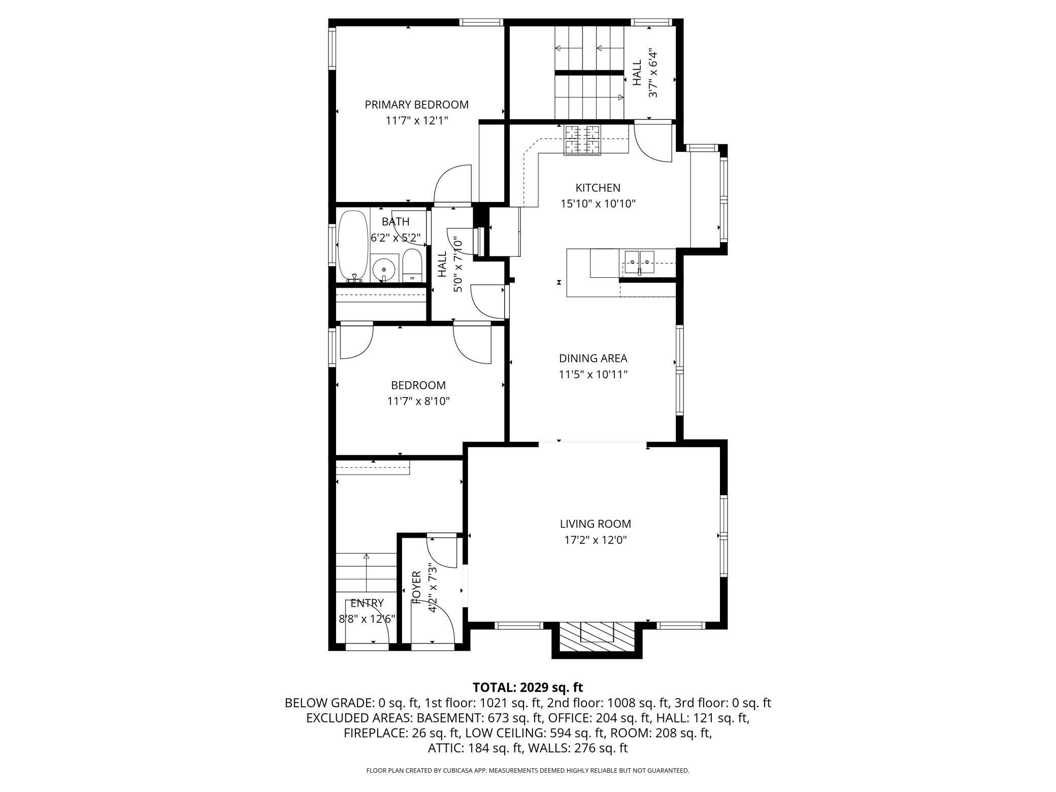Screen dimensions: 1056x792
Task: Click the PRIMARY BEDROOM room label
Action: tap(416, 105)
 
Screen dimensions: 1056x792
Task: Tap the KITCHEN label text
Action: tap(598, 188)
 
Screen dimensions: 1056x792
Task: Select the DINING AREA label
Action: tap(593, 358)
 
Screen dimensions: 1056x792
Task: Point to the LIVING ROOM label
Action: tap(596, 523)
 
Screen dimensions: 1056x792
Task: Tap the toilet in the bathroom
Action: tap(412, 266)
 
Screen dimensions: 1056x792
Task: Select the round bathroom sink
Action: tap(384, 270)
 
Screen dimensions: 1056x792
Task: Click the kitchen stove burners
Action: tap(582, 140)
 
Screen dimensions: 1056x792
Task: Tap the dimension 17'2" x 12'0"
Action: tap(596, 540)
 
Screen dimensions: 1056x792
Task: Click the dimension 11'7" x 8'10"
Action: tap(418, 402)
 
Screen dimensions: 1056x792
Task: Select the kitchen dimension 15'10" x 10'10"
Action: tap(598, 204)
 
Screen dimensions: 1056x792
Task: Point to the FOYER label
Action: tap(417, 587)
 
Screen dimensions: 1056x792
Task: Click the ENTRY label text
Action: tap(367, 603)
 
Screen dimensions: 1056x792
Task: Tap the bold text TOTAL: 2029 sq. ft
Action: tap(528, 688)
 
